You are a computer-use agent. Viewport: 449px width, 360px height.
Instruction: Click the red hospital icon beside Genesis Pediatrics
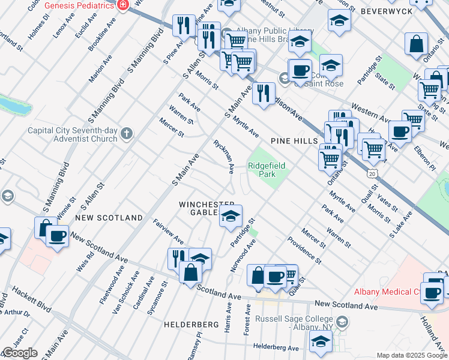pos(123,5)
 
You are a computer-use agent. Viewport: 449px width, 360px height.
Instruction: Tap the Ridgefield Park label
pos(267,169)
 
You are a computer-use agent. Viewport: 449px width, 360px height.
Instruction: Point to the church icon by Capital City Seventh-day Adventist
pos(126,133)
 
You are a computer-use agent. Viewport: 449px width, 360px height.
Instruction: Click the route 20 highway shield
pos(372,173)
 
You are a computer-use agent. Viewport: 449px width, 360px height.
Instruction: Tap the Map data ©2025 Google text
pos(412,355)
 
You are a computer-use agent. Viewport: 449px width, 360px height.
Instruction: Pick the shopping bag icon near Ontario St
pos(416,44)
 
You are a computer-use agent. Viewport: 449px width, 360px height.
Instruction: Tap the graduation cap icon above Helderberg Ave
pos(321,341)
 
